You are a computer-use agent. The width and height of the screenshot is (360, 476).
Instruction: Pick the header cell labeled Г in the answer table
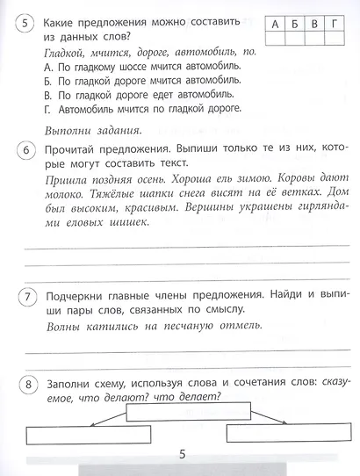[x=335, y=25]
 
